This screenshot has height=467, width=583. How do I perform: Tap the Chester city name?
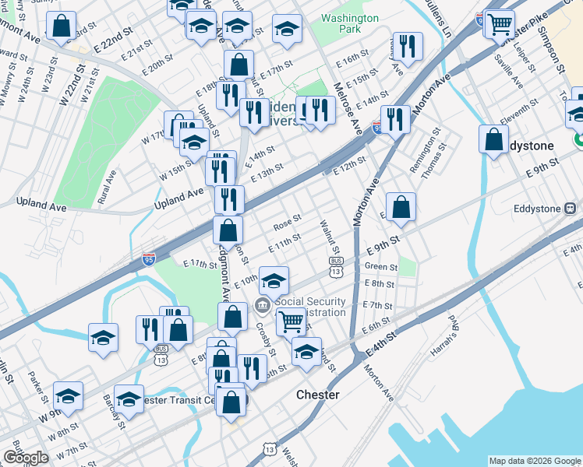pyautogui.click(x=318, y=395)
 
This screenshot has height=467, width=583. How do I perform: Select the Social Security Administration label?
pyautogui.click(x=310, y=307)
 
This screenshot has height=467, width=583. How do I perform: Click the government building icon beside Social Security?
pyautogui.click(x=263, y=304)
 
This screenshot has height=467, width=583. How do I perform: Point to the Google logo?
pyautogui.click(x=26, y=458)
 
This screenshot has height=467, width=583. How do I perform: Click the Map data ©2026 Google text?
pyautogui.click(x=535, y=461)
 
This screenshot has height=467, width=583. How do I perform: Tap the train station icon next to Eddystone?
pyautogui.click(x=571, y=209)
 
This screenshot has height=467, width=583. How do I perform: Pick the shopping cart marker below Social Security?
pyautogui.click(x=291, y=320)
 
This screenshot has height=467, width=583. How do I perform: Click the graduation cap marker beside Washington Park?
pyautogui.click(x=287, y=30)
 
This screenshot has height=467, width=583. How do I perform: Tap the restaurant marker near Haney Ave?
pyautogui.click(x=408, y=46)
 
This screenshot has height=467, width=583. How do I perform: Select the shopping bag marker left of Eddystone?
pyautogui.click(x=494, y=140)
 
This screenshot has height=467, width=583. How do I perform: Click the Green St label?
pyautogui.click(x=381, y=266)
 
